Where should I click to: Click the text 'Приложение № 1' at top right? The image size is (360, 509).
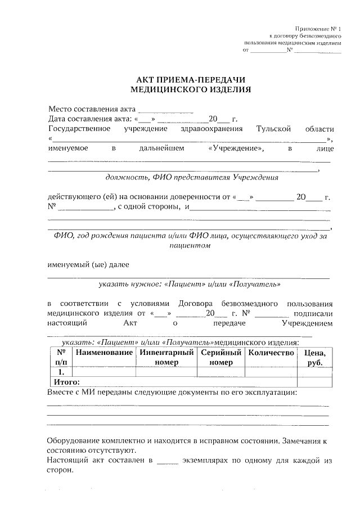(318, 29)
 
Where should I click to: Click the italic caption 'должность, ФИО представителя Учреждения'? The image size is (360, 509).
(192, 178)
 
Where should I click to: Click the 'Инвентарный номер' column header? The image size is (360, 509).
(166, 357)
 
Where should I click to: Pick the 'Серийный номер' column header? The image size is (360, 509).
(220, 357)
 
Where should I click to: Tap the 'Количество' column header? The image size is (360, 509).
(271, 353)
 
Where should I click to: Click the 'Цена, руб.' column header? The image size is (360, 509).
(314, 357)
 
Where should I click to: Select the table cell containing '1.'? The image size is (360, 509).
(60, 372)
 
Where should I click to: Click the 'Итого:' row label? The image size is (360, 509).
(66, 382)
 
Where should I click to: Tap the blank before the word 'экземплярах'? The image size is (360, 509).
(168, 461)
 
